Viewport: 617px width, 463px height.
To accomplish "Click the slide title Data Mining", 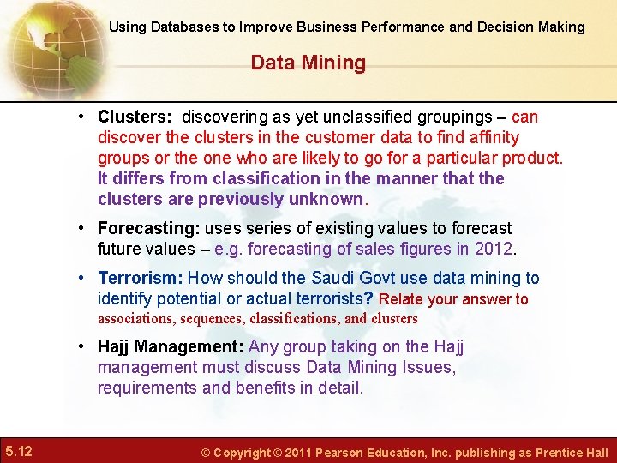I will click(308, 63).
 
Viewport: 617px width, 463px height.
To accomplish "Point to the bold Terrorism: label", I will click(140, 278).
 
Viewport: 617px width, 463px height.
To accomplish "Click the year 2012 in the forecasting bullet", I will click(496, 250).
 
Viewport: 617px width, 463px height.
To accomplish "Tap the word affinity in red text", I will click(490, 137).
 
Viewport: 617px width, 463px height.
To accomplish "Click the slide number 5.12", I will click(18, 451).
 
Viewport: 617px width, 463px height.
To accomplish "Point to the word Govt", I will click(372, 278).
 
